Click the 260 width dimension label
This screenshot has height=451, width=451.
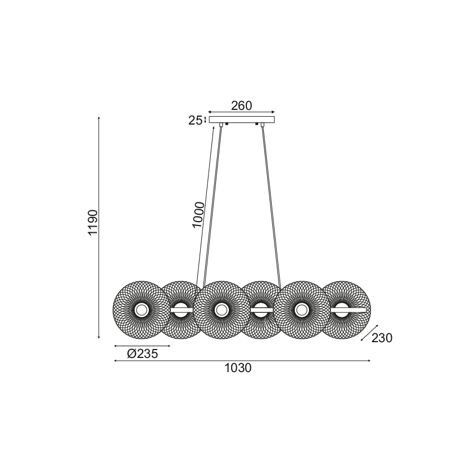click(241, 105)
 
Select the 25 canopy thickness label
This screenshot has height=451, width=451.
click(195, 120)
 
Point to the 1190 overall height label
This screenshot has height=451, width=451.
click(94, 223)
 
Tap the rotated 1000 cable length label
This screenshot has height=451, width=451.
click(197, 214)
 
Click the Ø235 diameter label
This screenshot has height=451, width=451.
click(142, 354)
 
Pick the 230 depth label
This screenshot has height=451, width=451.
click(382, 338)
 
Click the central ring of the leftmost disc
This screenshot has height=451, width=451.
click(141, 309)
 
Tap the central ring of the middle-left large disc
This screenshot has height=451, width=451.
click(221, 309)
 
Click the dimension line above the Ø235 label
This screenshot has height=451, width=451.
click(142, 346)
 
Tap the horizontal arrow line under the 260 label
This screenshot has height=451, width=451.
click(241, 112)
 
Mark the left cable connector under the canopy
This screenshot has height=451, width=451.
click(221, 126)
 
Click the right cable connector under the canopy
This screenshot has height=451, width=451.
click(262, 126)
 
